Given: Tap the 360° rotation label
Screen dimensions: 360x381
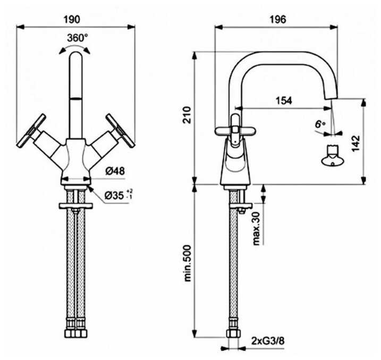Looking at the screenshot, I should pos(78,38).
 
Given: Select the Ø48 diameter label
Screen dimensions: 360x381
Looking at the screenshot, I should pos(114,171).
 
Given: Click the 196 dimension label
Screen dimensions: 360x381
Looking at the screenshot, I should pos(277,19).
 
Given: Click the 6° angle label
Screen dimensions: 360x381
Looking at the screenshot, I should pos(319,124).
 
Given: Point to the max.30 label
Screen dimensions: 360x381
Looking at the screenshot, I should pos(257,227).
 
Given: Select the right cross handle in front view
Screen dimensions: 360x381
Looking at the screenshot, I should pos(120,129).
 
